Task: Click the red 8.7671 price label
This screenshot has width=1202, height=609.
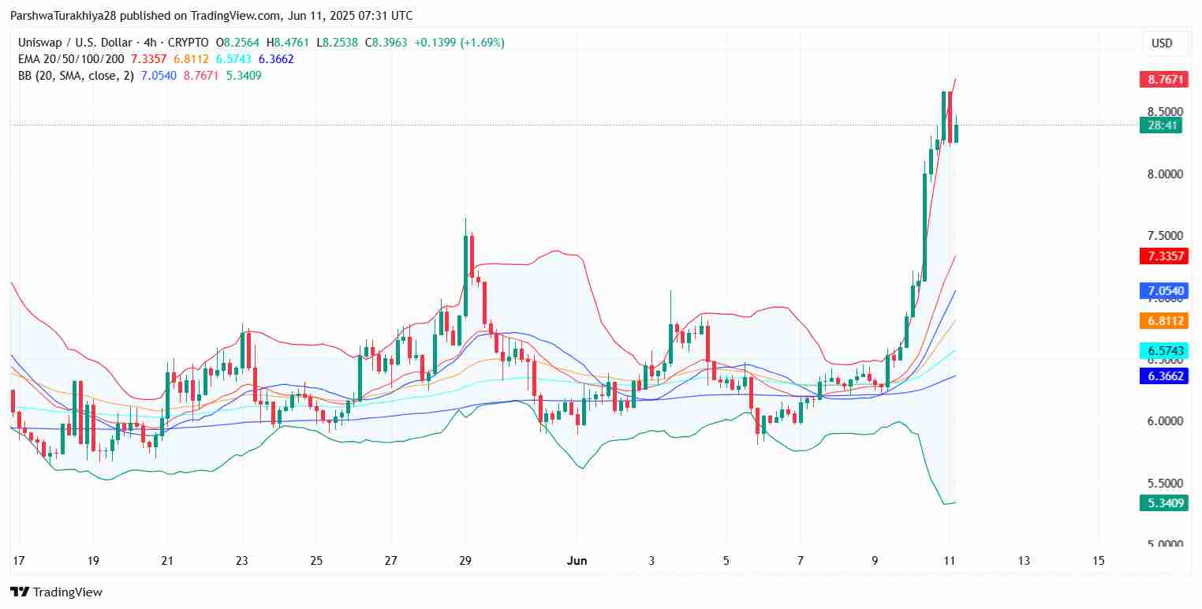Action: (1160, 80)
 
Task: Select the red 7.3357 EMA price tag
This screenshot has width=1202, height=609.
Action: (1160, 256)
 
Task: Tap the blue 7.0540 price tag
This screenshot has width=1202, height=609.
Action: (1160, 291)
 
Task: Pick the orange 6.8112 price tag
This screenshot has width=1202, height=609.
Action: (1160, 320)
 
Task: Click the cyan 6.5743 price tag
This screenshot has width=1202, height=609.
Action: (1160, 350)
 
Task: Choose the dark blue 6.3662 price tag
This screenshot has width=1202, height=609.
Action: (1160, 376)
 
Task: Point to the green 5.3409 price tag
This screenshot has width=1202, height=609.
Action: (1160, 503)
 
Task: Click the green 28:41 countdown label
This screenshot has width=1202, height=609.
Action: (1160, 125)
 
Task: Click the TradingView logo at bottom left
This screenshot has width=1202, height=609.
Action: (56, 592)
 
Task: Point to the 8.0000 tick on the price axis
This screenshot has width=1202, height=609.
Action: (1164, 174)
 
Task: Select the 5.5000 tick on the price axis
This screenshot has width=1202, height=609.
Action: (1164, 483)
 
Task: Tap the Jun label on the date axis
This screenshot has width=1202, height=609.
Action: (577, 561)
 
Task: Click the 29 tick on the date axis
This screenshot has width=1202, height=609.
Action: (465, 561)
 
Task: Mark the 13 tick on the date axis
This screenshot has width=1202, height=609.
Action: (1024, 561)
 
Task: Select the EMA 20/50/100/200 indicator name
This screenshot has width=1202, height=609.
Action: (71, 59)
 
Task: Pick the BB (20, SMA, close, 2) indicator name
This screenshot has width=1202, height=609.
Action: (75, 76)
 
